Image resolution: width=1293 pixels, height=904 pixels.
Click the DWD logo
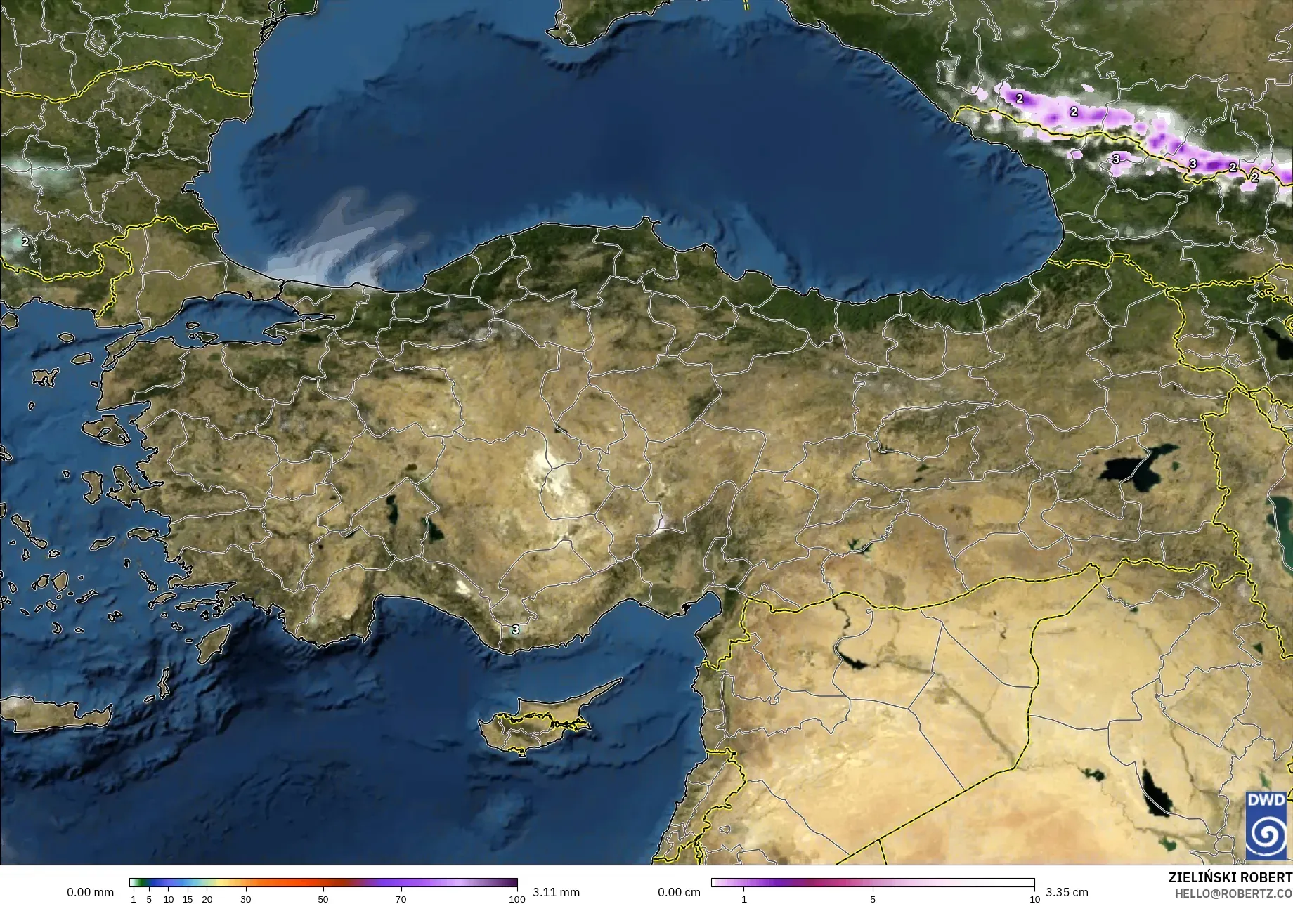[1266, 825]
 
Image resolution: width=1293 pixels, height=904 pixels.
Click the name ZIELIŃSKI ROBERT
[1230, 877]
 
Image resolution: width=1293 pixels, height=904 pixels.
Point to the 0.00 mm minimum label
[90, 892]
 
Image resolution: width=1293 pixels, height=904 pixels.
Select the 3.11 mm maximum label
[556, 892]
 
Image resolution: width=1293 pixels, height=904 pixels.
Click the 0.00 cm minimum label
[679, 892]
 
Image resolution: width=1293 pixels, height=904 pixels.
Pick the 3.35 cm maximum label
[1067, 892]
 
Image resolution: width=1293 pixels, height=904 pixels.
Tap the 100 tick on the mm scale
[517, 898]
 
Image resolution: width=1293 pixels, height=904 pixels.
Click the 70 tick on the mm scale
[401, 898]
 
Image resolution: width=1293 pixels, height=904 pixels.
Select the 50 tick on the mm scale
[323, 898]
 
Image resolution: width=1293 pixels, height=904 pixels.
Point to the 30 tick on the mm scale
[245, 898]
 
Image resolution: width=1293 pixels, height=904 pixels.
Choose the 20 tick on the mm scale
[207, 898]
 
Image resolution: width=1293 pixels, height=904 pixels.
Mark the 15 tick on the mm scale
[187, 898]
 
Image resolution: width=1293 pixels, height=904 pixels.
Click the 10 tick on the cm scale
[1034, 898]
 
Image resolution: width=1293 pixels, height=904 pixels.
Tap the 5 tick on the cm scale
[873, 898]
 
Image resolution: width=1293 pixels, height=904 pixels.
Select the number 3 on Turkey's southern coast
[515, 629]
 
